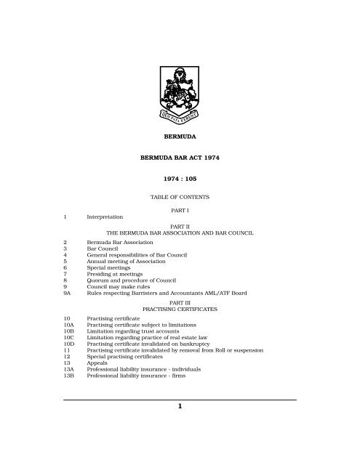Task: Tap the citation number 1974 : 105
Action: pyautogui.click(x=180, y=177)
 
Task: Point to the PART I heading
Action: pyautogui.click(x=180, y=209)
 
